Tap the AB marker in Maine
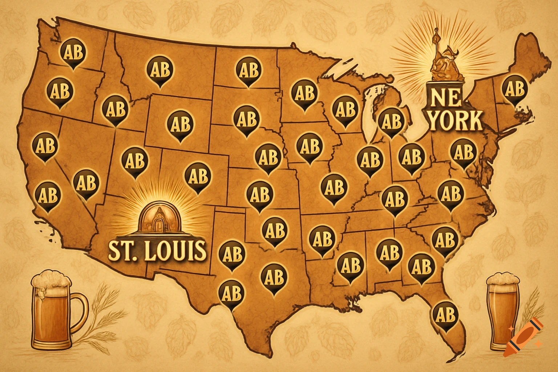coord(514,89)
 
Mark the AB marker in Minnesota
coord(304,93)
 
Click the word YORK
coord(456,121)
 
